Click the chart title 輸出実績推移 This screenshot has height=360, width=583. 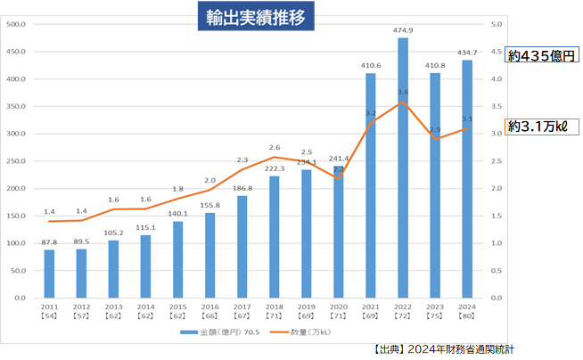(x=256, y=16)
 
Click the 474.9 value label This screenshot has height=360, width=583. (x=403, y=30)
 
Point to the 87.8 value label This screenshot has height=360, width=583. (x=50, y=242)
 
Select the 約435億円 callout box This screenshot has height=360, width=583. (x=541, y=55)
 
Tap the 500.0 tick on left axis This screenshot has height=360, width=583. (x=18, y=24)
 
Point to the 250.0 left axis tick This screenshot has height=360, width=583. (x=18, y=161)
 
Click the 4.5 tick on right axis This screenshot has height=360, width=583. (x=497, y=52)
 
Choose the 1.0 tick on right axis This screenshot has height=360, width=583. (x=497, y=243)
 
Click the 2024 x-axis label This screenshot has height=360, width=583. (x=466, y=307)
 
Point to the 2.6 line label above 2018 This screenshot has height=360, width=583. (x=275, y=147)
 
